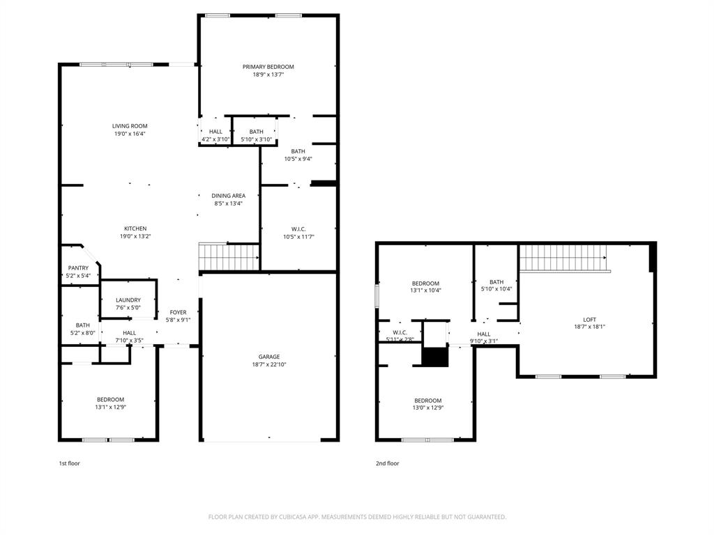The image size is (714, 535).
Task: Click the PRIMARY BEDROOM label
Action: click(268, 67)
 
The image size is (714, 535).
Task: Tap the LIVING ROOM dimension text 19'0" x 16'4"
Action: click(130, 134)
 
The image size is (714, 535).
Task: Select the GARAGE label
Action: click(268, 357)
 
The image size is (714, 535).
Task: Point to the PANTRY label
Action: click(78, 268)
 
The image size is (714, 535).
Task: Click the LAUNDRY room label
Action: click(128, 300)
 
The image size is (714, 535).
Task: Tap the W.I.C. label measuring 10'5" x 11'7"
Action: click(298, 229)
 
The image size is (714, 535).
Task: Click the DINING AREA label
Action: click(229, 196)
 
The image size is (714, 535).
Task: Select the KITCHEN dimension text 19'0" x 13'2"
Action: click(135, 237)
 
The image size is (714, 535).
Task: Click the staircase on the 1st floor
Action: click(228, 256)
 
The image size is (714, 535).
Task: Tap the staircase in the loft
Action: click(563, 258)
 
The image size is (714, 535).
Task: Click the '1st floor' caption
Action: click(69, 463)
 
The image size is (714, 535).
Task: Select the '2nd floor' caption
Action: click(388, 463)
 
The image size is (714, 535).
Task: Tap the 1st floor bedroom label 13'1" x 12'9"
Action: click(110, 400)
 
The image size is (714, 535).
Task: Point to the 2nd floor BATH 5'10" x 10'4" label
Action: click(496, 282)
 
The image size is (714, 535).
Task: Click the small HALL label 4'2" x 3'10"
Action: click(215, 132)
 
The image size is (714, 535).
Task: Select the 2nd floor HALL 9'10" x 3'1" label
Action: click(484, 334)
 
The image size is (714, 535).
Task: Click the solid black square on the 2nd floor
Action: click(436, 357)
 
